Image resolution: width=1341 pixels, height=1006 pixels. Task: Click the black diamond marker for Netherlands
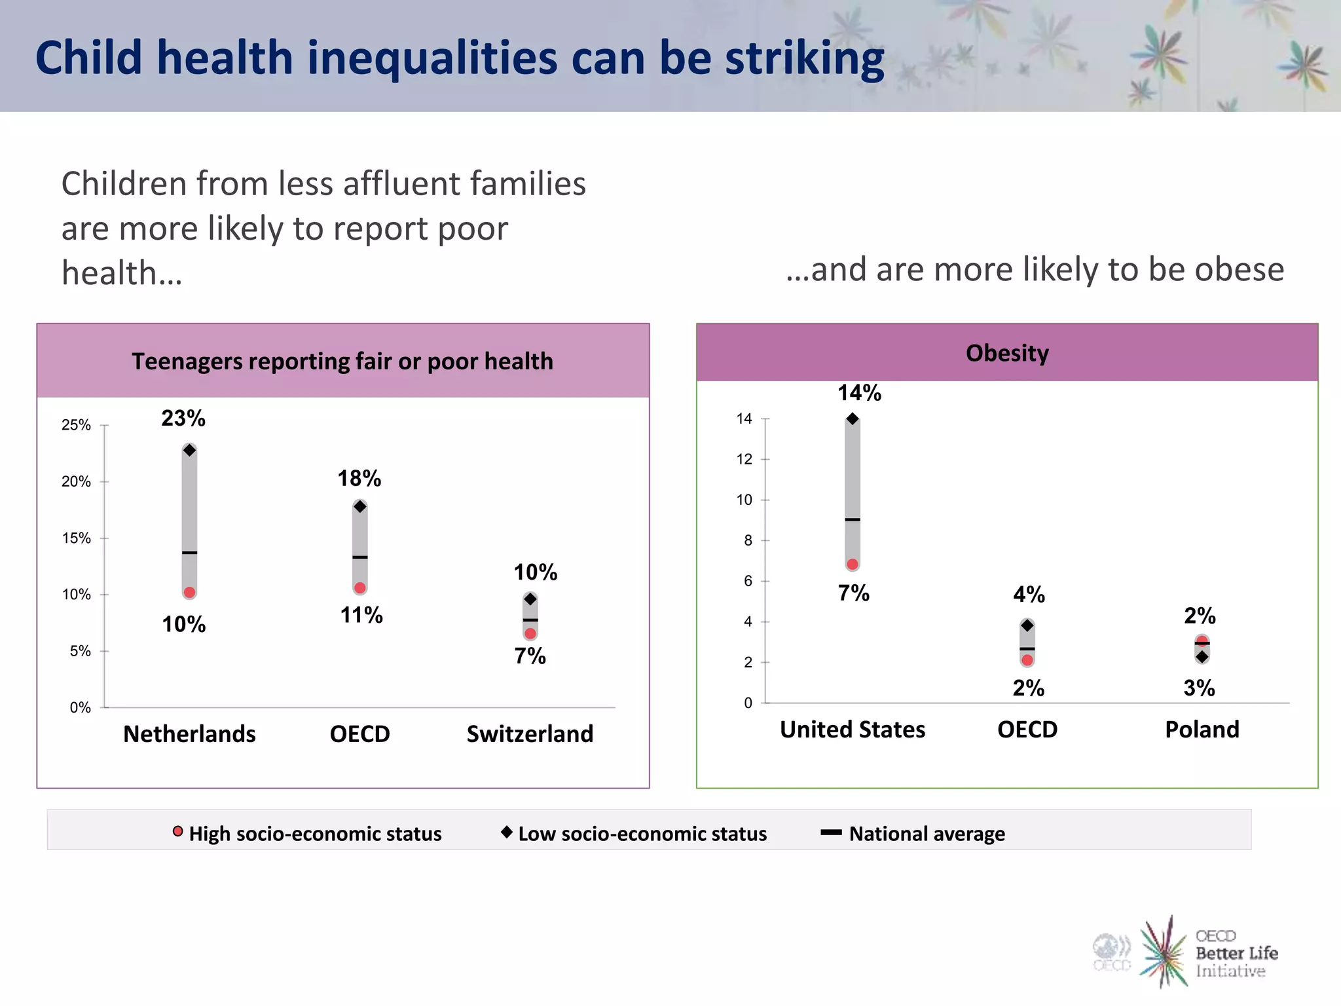click(189, 450)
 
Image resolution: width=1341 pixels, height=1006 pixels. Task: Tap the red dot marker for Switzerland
click(530, 633)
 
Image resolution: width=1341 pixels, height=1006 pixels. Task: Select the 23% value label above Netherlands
click(183, 418)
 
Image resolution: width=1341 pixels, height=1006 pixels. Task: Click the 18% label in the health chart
click(359, 478)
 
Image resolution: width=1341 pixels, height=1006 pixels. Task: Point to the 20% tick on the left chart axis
click(77, 481)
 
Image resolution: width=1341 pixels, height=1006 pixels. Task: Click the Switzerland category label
click(530, 734)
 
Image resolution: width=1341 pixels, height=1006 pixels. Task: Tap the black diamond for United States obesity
click(853, 419)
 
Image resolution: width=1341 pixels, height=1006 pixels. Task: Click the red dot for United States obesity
click(853, 564)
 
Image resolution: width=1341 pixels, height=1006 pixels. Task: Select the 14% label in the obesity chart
click(859, 392)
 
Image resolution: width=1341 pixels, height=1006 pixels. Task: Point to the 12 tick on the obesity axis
click(744, 459)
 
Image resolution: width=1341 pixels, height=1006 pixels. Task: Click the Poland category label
click(1202, 729)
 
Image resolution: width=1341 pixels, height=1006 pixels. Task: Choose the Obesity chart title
click(1007, 352)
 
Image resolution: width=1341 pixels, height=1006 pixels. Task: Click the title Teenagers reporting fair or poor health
click(342, 361)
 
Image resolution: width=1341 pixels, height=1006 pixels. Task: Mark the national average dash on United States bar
click(853, 519)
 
